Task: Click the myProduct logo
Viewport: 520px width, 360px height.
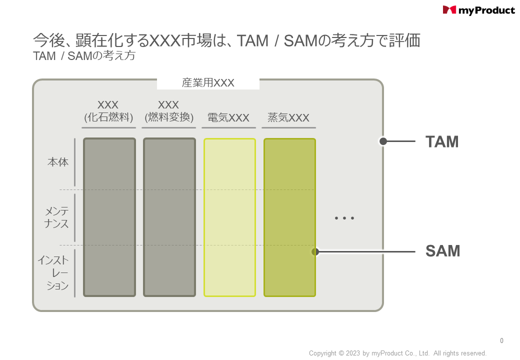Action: pyautogui.click(x=478, y=10)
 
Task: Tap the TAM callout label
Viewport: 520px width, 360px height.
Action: pyautogui.click(x=442, y=141)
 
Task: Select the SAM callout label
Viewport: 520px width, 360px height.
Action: pyautogui.click(x=442, y=251)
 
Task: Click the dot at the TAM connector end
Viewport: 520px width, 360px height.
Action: pyautogui.click(x=383, y=141)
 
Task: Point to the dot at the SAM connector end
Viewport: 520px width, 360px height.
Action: pyautogui.click(x=315, y=252)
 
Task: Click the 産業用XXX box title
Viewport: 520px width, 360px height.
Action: pyautogui.click(x=208, y=83)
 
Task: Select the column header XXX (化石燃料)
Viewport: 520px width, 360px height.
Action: pyautogui.click(x=108, y=111)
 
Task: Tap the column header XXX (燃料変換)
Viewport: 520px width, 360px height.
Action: pyautogui.click(x=169, y=111)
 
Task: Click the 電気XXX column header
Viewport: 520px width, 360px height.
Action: pyautogui.click(x=228, y=117)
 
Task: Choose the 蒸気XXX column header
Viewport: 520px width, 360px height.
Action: pyautogui.click(x=288, y=117)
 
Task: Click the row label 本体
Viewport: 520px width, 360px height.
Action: pyautogui.click(x=58, y=162)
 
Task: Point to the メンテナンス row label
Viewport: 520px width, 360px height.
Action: pyautogui.click(x=56, y=217)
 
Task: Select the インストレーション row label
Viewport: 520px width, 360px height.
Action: pyautogui.click(x=53, y=273)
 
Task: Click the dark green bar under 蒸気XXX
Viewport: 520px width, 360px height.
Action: pyautogui.click(x=289, y=217)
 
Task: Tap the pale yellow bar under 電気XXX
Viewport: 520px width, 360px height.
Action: pyautogui.click(x=229, y=217)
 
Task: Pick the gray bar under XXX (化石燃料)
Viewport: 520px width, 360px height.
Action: pyautogui.click(x=109, y=217)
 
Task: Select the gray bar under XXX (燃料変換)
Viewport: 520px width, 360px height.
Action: pyautogui.click(x=169, y=217)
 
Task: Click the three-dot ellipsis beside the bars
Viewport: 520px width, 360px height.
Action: pyautogui.click(x=344, y=218)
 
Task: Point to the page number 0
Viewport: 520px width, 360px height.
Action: pyautogui.click(x=502, y=340)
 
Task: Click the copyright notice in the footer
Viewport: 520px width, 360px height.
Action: pyautogui.click(x=397, y=353)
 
